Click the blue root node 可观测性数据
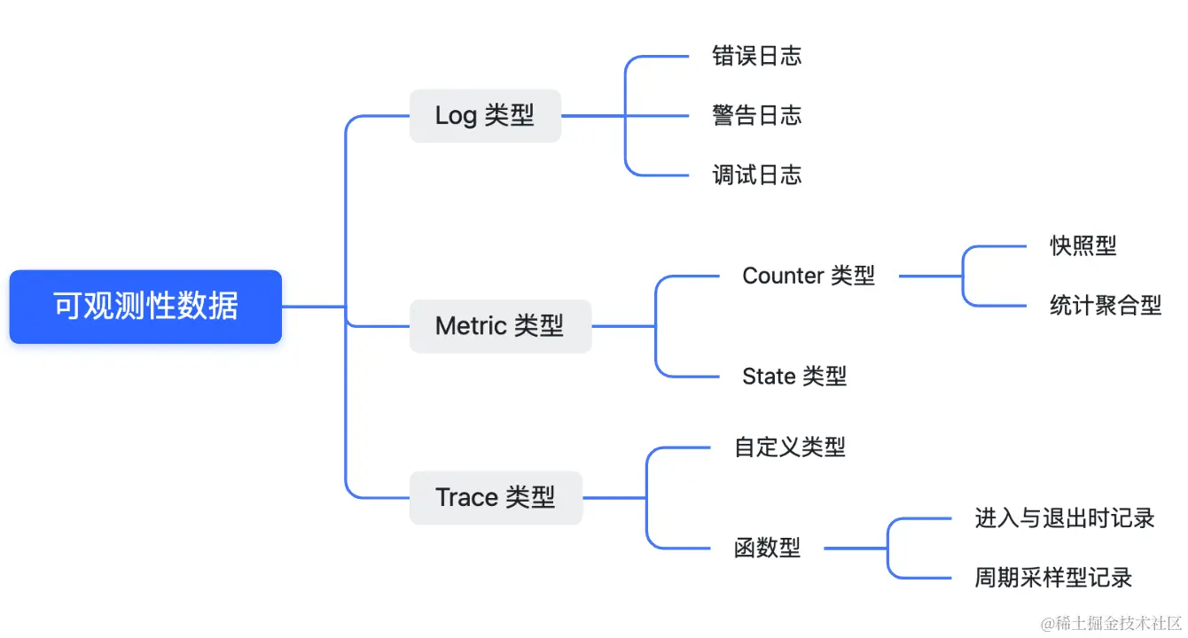[145, 307]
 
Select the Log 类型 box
[485, 115]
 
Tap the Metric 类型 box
[500, 326]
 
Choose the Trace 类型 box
[496, 497]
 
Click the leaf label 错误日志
[756, 56]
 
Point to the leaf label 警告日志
[756, 115]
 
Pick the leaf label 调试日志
[756, 175]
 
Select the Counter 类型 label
[809, 276]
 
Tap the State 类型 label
[794, 377]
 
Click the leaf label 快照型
[1083, 245]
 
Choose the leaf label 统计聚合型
[1106, 306]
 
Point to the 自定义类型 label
[790, 447]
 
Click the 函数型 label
[768, 548]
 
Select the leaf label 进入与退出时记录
[1065, 518]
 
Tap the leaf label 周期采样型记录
[1054, 578]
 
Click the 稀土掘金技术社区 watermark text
[1112, 623]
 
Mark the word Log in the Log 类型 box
[456, 116]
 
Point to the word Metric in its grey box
[471, 326]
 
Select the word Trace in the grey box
[466, 497]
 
